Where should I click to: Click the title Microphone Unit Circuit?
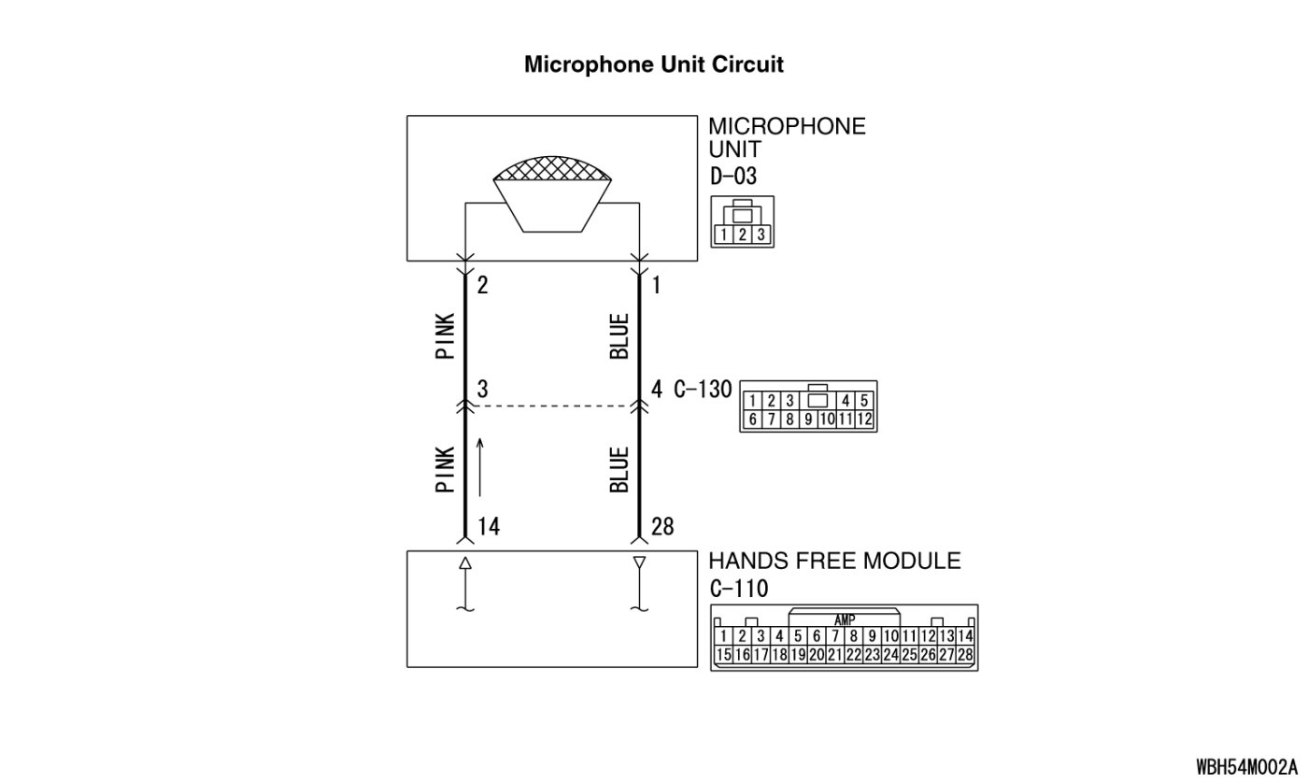tap(653, 64)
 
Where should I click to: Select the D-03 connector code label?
tap(732, 176)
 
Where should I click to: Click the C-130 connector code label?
tap(703, 389)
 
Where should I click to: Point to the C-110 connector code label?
tap(738, 589)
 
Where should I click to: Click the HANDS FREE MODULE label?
tap(834, 561)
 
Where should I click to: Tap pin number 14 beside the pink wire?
tap(488, 527)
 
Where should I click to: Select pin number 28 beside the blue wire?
tap(663, 527)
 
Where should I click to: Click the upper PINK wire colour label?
tap(446, 335)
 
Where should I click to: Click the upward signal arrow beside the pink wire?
tap(480, 466)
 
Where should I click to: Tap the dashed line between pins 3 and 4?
tap(551, 406)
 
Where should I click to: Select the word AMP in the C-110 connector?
tap(844, 620)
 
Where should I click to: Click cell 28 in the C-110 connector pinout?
tap(965, 655)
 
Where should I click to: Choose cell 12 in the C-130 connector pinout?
tap(863, 420)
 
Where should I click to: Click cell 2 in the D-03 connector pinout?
tap(742, 235)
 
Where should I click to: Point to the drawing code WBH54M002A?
tap(1246, 767)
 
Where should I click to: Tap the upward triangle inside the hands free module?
tap(464, 563)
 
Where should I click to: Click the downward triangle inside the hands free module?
tap(639, 563)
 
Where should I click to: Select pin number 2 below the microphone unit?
tap(482, 286)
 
